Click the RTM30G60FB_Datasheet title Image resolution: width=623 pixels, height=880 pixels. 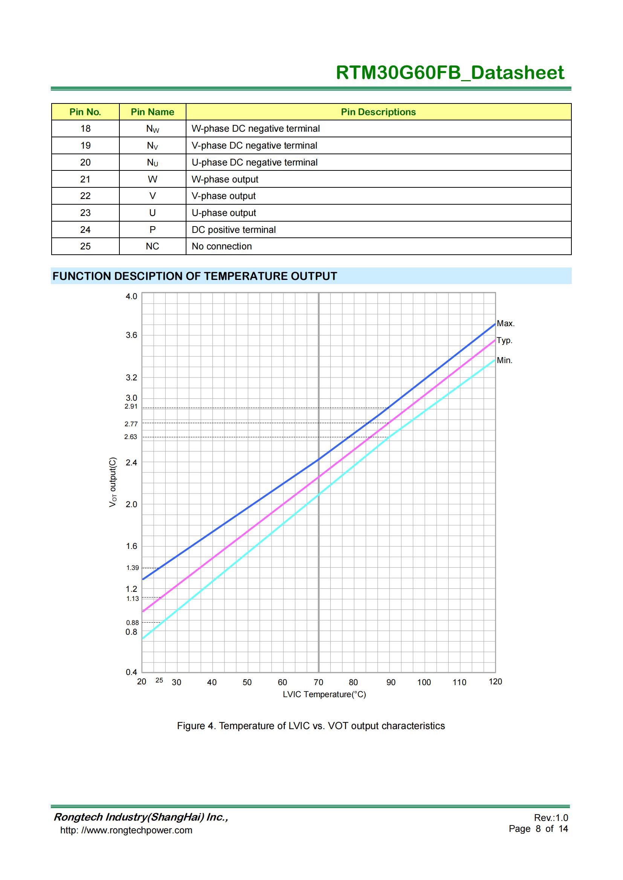450,73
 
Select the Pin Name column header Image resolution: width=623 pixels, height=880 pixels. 152,112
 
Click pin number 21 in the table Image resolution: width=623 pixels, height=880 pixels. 85,179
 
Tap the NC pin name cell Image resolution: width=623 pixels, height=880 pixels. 152,246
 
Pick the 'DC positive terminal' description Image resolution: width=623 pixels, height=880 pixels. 234,229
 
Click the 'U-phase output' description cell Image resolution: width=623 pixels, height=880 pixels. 224,213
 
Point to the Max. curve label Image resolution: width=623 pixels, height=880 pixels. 505,323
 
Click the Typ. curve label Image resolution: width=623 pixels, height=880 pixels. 504,340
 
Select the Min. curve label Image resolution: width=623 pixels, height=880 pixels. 504,360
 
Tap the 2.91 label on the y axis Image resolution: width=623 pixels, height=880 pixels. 131,406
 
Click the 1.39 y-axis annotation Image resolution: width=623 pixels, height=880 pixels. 132,568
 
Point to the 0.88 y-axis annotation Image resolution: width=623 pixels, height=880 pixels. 132,623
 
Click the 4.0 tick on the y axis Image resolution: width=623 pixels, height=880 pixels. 131,296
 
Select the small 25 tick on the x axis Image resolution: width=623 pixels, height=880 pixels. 159,680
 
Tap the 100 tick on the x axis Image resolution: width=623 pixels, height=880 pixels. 424,682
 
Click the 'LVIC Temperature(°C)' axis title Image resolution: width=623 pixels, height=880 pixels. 324,695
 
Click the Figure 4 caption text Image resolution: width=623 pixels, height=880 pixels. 311,726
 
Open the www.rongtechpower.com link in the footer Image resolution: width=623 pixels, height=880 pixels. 126,830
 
